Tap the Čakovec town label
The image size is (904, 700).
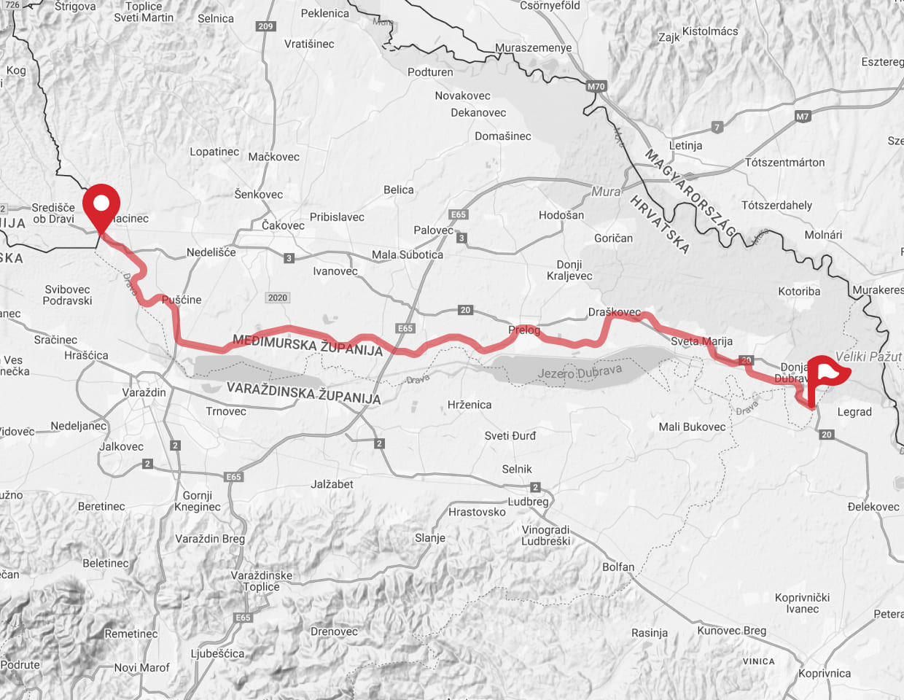click(x=283, y=225)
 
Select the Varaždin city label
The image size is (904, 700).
click(x=144, y=392)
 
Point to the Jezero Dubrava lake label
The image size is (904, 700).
click(x=580, y=372)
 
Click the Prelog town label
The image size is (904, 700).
click(x=524, y=330)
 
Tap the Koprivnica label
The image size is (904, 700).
click(x=824, y=673)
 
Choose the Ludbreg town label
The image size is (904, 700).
click(x=528, y=502)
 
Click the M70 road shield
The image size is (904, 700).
click(x=596, y=86)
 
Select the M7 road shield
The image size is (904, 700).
click(x=802, y=116)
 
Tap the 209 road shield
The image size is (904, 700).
click(x=265, y=26)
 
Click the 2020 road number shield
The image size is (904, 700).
click(x=277, y=297)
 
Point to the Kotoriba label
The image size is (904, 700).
click(x=799, y=291)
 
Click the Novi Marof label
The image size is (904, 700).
click(x=141, y=667)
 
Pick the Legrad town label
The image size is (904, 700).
click(x=854, y=412)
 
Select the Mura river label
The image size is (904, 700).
click(x=606, y=192)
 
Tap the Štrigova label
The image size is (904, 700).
click(x=75, y=7)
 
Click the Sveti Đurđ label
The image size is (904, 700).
click(x=510, y=435)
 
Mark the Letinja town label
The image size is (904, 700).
click(x=685, y=145)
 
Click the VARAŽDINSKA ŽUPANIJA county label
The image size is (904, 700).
click(x=303, y=392)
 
